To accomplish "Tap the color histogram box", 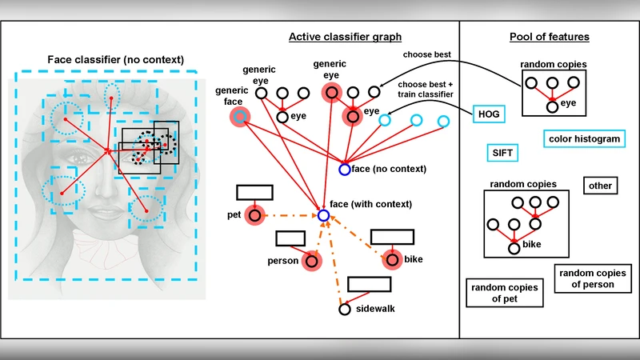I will [584, 138].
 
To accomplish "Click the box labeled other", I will [599, 186].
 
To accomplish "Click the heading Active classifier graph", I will [345, 37].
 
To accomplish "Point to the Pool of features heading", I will [549, 37].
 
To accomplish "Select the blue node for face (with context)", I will [323, 216].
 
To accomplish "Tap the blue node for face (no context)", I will [344, 170].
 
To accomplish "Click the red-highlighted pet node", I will [254, 215].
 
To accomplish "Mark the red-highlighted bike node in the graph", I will [391, 259].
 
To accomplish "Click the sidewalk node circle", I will [344, 309].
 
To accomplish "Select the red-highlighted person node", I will [311, 261].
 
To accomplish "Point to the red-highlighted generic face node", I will [238, 118].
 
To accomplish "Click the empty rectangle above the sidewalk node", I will [369, 284].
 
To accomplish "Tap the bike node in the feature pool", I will [514, 248].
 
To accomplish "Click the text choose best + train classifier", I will [425, 89].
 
